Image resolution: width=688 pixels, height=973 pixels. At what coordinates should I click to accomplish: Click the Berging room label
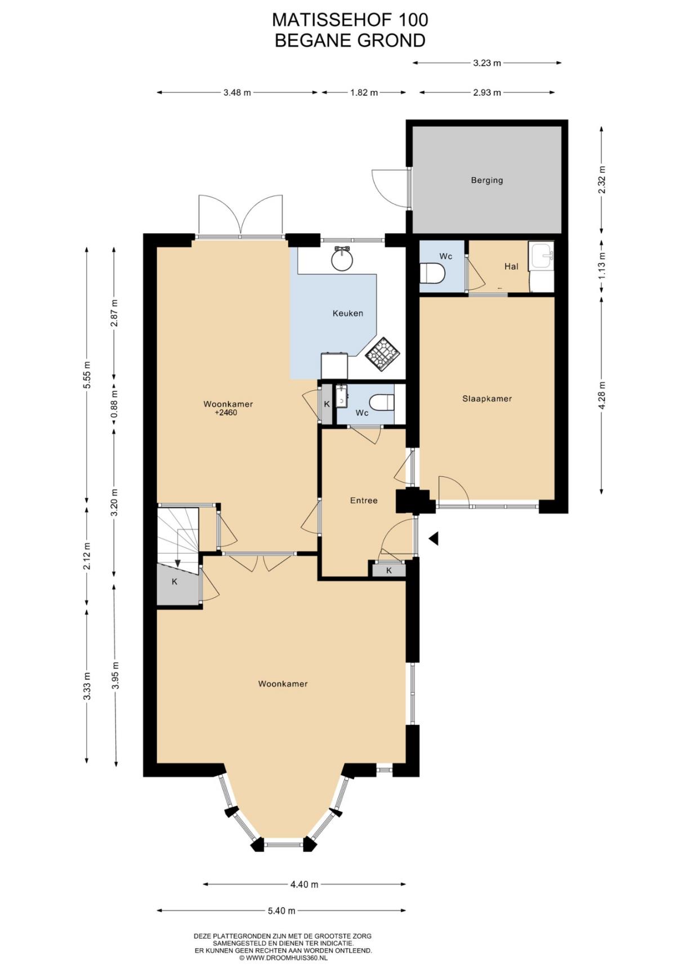[487, 180]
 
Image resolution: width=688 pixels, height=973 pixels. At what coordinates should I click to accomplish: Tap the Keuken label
[348, 313]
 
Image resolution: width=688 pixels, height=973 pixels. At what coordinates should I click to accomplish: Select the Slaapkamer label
[487, 399]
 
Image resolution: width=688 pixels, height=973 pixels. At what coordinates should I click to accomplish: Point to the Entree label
[364, 500]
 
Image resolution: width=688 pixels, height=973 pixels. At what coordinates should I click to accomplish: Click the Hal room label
[511, 266]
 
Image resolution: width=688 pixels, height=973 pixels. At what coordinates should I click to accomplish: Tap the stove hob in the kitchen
[383, 354]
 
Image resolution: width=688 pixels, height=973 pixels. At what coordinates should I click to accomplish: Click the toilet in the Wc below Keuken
[383, 403]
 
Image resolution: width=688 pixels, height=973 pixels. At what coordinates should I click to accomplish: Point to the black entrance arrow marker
[434, 539]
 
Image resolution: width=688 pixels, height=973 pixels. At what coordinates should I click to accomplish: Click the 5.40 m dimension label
[282, 910]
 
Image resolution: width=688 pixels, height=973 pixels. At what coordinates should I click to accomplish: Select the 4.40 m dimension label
[304, 884]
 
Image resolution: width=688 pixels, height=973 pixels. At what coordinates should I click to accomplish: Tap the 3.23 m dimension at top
[487, 63]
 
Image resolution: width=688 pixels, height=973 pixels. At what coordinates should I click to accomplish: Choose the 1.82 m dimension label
[364, 92]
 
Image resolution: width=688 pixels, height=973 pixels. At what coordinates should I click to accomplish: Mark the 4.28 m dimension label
[601, 396]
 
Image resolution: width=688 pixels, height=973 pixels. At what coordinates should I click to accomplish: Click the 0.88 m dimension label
[114, 405]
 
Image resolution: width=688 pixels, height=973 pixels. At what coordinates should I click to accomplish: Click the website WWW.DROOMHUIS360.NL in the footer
[286, 957]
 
